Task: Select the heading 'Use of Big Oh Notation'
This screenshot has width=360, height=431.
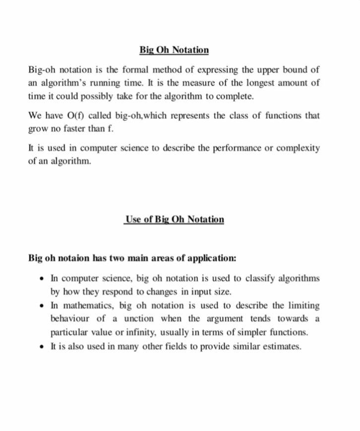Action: click(x=174, y=219)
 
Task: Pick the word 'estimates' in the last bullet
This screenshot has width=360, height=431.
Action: click(x=282, y=346)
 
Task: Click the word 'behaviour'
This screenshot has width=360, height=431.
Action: click(x=69, y=319)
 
